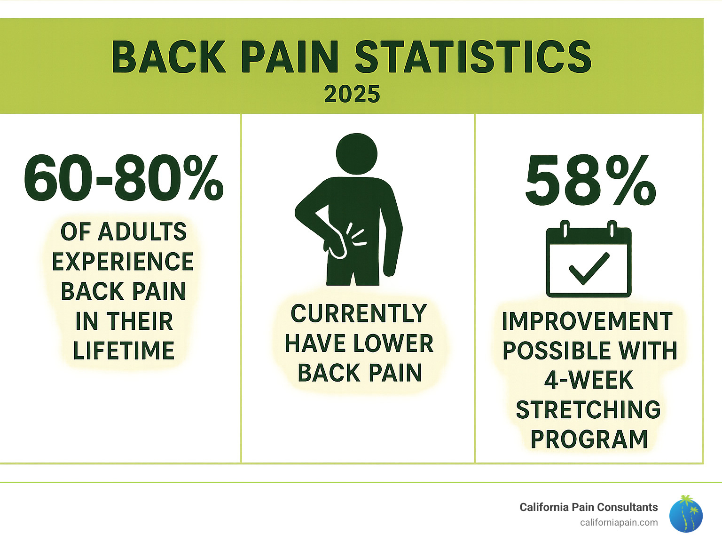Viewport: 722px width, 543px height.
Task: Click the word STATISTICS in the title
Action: (473, 57)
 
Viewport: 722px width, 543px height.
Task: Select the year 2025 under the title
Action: (352, 95)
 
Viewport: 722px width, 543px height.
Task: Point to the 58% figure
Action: (590, 181)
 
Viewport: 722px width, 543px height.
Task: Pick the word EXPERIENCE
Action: (123, 262)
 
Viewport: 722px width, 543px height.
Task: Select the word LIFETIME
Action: (124, 351)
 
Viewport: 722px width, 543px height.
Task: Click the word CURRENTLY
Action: (359, 314)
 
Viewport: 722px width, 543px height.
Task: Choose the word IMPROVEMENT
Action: (587, 321)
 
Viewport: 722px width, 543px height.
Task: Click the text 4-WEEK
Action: (589, 380)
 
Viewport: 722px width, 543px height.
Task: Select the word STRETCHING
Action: (589, 410)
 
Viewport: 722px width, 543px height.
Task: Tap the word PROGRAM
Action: (589, 439)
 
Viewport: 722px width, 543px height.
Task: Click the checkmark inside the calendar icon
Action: (589, 269)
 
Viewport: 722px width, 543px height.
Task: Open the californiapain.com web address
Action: (619, 522)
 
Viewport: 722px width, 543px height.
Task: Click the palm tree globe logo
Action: (686, 514)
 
